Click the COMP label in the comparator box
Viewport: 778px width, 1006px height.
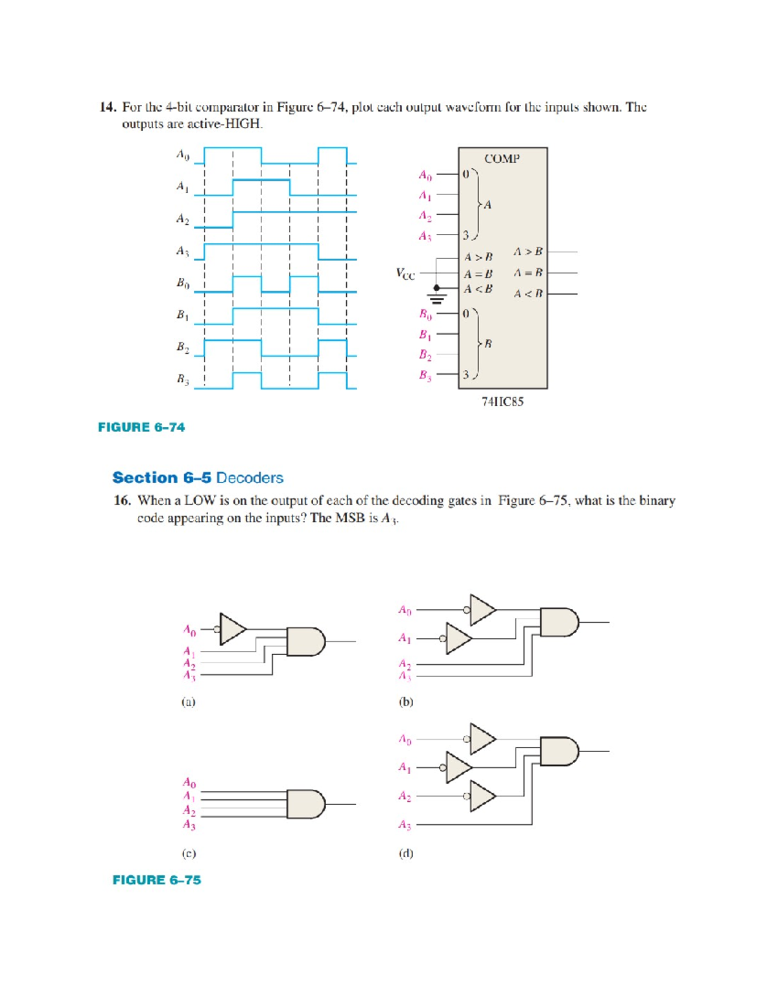(502, 159)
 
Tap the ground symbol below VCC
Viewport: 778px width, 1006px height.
(438, 299)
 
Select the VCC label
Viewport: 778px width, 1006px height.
(405, 274)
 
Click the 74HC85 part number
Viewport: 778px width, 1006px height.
(502, 402)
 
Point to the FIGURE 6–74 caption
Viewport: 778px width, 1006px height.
(141, 428)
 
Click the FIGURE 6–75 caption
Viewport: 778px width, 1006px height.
(157, 880)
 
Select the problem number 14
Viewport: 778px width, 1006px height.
(107, 108)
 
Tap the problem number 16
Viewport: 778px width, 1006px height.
(122, 501)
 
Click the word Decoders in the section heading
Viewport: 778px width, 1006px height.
(250, 478)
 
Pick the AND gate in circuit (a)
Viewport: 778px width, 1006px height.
(305, 641)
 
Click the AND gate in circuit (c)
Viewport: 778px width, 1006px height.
(305, 804)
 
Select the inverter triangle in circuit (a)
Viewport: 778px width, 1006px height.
(232, 629)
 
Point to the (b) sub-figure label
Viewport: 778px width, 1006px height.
(406, 702)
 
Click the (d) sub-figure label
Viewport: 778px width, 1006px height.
(406, 853)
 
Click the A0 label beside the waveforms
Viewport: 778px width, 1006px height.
(183, 155)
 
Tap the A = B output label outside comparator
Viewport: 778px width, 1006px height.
(528, 273)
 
